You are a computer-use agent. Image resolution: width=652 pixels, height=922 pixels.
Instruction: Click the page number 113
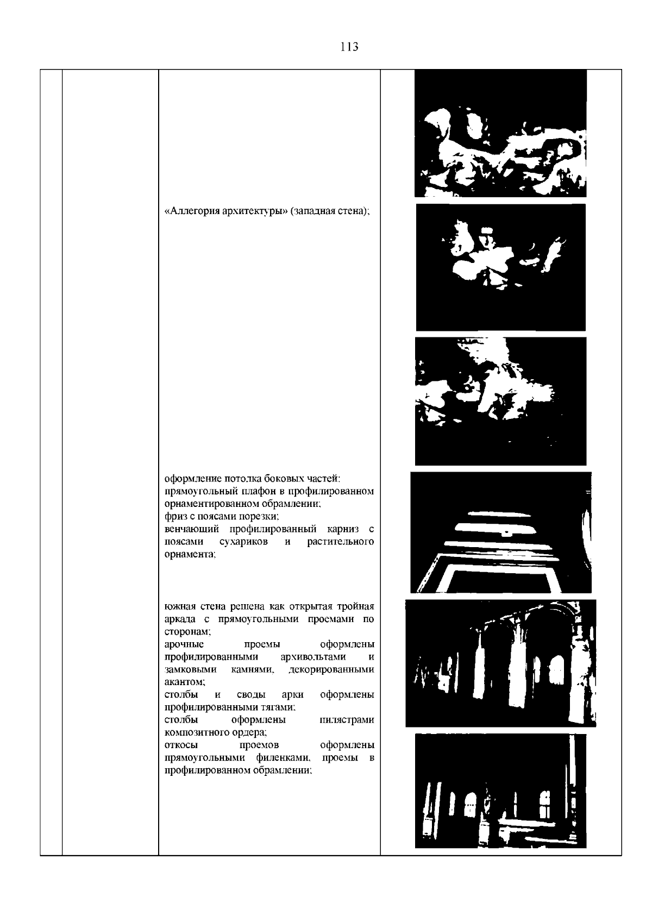tap(349, 47)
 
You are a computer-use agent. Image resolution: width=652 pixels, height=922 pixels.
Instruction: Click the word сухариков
tap(243, 542)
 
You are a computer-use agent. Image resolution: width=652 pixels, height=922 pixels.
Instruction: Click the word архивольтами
tap(314, 657)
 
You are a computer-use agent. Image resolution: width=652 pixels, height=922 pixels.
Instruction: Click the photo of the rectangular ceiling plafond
tap(501, 532)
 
